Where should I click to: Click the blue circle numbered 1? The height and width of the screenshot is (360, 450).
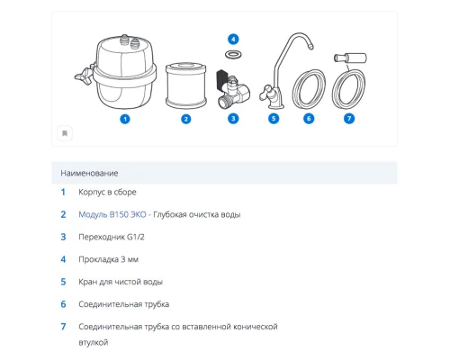[125, 119]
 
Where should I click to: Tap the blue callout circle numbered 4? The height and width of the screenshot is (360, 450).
[233, 39]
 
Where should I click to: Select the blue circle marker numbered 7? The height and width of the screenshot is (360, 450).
[349, 119]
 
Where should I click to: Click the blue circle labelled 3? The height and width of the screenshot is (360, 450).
[233, 119]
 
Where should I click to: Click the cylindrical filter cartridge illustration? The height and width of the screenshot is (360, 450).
[186, 85]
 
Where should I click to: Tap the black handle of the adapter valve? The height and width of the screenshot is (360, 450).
[221, 78]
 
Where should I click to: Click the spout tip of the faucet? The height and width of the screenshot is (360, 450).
[310, 46]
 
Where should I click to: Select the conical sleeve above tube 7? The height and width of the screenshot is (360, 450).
[350, 58]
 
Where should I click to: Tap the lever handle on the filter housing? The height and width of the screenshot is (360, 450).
[84, 75]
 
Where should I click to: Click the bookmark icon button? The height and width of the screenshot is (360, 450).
[65, 133]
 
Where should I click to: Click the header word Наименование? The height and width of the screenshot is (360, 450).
[89, 173]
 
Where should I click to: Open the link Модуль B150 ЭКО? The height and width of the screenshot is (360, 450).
[112, 214]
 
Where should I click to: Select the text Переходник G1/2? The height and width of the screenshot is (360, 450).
[112, 237]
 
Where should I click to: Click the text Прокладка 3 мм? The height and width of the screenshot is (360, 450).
[108, 259]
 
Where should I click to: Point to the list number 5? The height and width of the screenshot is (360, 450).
[63, 282]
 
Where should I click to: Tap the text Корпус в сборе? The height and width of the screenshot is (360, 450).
[107, 192]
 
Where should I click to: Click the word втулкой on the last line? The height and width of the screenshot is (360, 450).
[94, 342]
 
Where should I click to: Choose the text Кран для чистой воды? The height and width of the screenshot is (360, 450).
[121, 282]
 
